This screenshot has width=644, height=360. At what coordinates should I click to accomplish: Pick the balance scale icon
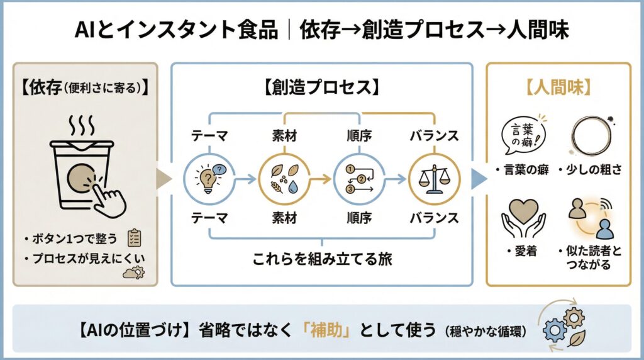(431, 179)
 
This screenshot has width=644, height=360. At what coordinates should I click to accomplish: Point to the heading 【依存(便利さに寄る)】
(84, 87)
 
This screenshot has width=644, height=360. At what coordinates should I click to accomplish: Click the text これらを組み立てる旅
(322, 259)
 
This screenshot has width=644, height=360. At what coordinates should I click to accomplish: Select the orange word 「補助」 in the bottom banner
(323, 330)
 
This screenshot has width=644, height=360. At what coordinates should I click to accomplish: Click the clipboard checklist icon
(133, 237)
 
